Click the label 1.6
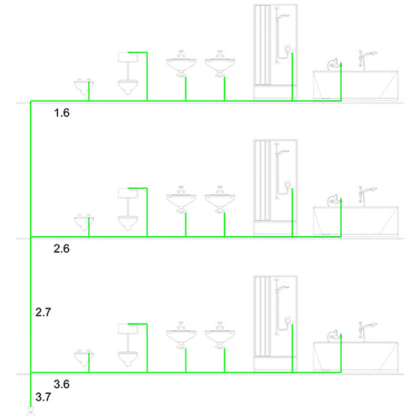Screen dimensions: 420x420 click(x=61, y=113)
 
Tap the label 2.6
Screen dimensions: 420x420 click(x=61, y=249)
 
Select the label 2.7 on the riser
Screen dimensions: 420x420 click(x=43, y=312)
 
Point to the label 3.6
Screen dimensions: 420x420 click(x=61, y=384)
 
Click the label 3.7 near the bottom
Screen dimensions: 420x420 click(x=43, y=396)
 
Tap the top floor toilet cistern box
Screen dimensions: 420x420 click(x=128, y=57)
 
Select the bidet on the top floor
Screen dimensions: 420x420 click(x=84, y=87)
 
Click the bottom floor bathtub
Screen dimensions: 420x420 click(x=355, y=358)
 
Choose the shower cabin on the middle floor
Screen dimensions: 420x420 click(x=276, y=187)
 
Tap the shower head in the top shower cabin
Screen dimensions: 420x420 click(x=282, y=17)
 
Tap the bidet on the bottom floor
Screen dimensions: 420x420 click(x=84, y=359)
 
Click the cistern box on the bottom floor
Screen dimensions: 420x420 click(x=128, y=328)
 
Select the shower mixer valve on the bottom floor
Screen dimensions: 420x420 click(x=288, y=320)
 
